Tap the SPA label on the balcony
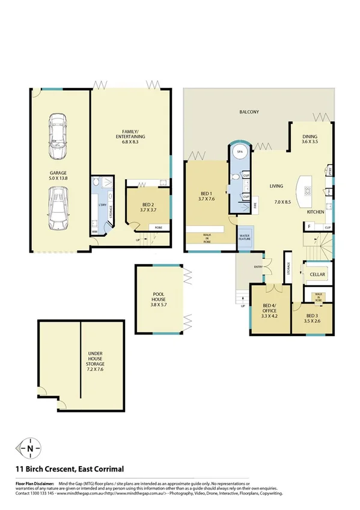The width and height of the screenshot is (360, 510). coord(239,152)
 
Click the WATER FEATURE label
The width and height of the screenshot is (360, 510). coord(245,236)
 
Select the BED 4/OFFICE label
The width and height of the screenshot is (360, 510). coord(269,310)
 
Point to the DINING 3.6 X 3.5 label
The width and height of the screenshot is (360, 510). coord(310,140)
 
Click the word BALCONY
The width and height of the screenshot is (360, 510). coord(249,112)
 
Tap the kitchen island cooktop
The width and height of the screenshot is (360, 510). coord(308,191)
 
